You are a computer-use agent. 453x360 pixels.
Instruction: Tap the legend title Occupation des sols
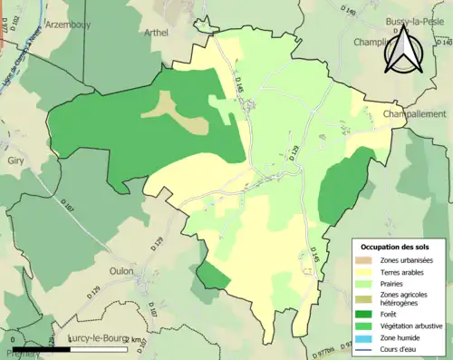[x=395, y=246]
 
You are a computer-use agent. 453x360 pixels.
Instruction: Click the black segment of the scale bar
[x=34, y=348]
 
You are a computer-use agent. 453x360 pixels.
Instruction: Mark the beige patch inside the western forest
[x=181, y=112]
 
